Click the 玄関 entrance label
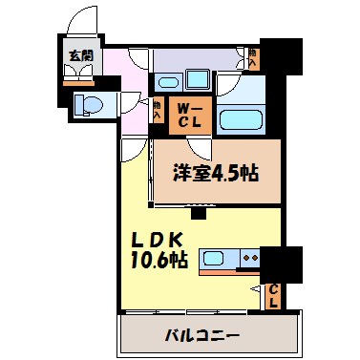(x=78, y=55)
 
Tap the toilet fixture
(x=89, y=103)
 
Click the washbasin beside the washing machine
(x=169, y=80)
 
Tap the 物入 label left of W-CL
(x=158, y=110)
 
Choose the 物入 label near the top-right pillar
(x=252, y=57)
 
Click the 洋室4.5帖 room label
(x=216, y=175)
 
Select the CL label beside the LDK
(x=272, y=295)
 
